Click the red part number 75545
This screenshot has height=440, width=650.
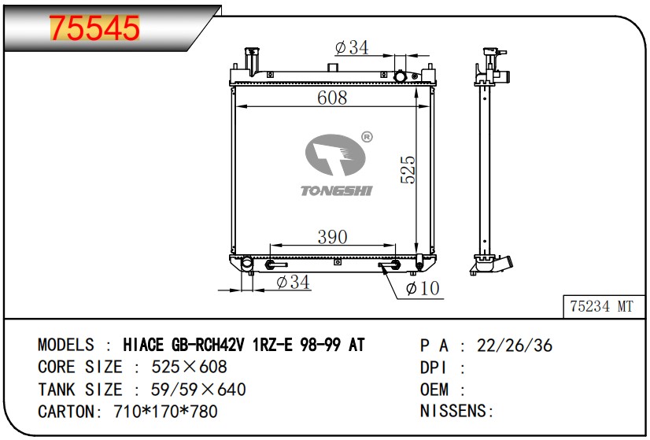[94, 28]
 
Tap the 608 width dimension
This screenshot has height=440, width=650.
[332, 98]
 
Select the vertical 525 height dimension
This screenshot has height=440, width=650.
[408, 169]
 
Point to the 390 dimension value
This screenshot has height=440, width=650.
[332, 237]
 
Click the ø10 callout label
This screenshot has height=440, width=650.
[423, 288]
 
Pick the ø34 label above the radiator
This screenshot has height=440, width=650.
[352, 48]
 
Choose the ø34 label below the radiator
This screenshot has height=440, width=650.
[293, 283]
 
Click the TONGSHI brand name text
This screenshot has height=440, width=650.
[337, 190]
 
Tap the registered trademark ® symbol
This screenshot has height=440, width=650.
[367, 137]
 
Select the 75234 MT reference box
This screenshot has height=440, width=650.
[604, 306]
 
